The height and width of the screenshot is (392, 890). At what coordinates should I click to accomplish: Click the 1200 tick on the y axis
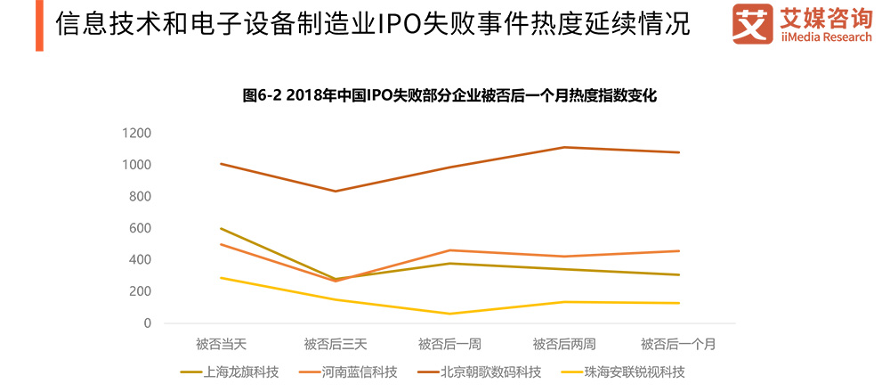tap(136, 134)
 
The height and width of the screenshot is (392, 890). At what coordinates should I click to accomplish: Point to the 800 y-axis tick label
tap(140, 197)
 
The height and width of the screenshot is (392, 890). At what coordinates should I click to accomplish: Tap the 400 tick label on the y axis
tap(140, 260)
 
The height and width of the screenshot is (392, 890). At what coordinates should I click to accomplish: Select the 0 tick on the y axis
tap(147, 323)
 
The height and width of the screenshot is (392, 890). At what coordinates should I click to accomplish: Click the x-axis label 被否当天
tap(220, 344)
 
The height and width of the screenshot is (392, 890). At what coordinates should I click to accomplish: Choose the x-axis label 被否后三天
tap(335, 344)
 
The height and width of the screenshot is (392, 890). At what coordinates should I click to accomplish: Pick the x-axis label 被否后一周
tap(449, 344)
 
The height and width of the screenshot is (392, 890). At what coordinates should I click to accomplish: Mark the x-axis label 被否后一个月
tap(679, 344)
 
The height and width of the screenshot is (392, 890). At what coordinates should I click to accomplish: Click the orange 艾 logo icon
tap(752, 24)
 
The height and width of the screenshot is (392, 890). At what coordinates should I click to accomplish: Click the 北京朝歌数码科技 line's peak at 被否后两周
tap(564, 147)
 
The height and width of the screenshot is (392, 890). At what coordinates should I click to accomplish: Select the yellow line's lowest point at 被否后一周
tap(449, 314)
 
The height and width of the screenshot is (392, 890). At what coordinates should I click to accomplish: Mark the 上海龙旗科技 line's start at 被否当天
tap(220, 228)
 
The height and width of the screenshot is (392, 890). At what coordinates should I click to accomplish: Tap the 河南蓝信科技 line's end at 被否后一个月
tap(679, 251)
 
